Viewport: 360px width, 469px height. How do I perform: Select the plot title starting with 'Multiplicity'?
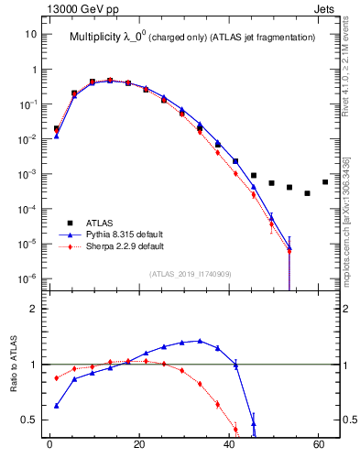click(191, 37)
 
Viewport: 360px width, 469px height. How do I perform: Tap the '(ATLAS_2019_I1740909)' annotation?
click(190, 274)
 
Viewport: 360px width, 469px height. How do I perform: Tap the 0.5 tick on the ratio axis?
click(30, 420)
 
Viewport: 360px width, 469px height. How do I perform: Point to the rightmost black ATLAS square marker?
click(325, 182)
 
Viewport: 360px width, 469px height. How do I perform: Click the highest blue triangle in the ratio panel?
click(200, 341)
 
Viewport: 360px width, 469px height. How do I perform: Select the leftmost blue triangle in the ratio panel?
click(57, 406)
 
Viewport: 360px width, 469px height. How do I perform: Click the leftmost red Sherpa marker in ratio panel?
click(57, 377)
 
